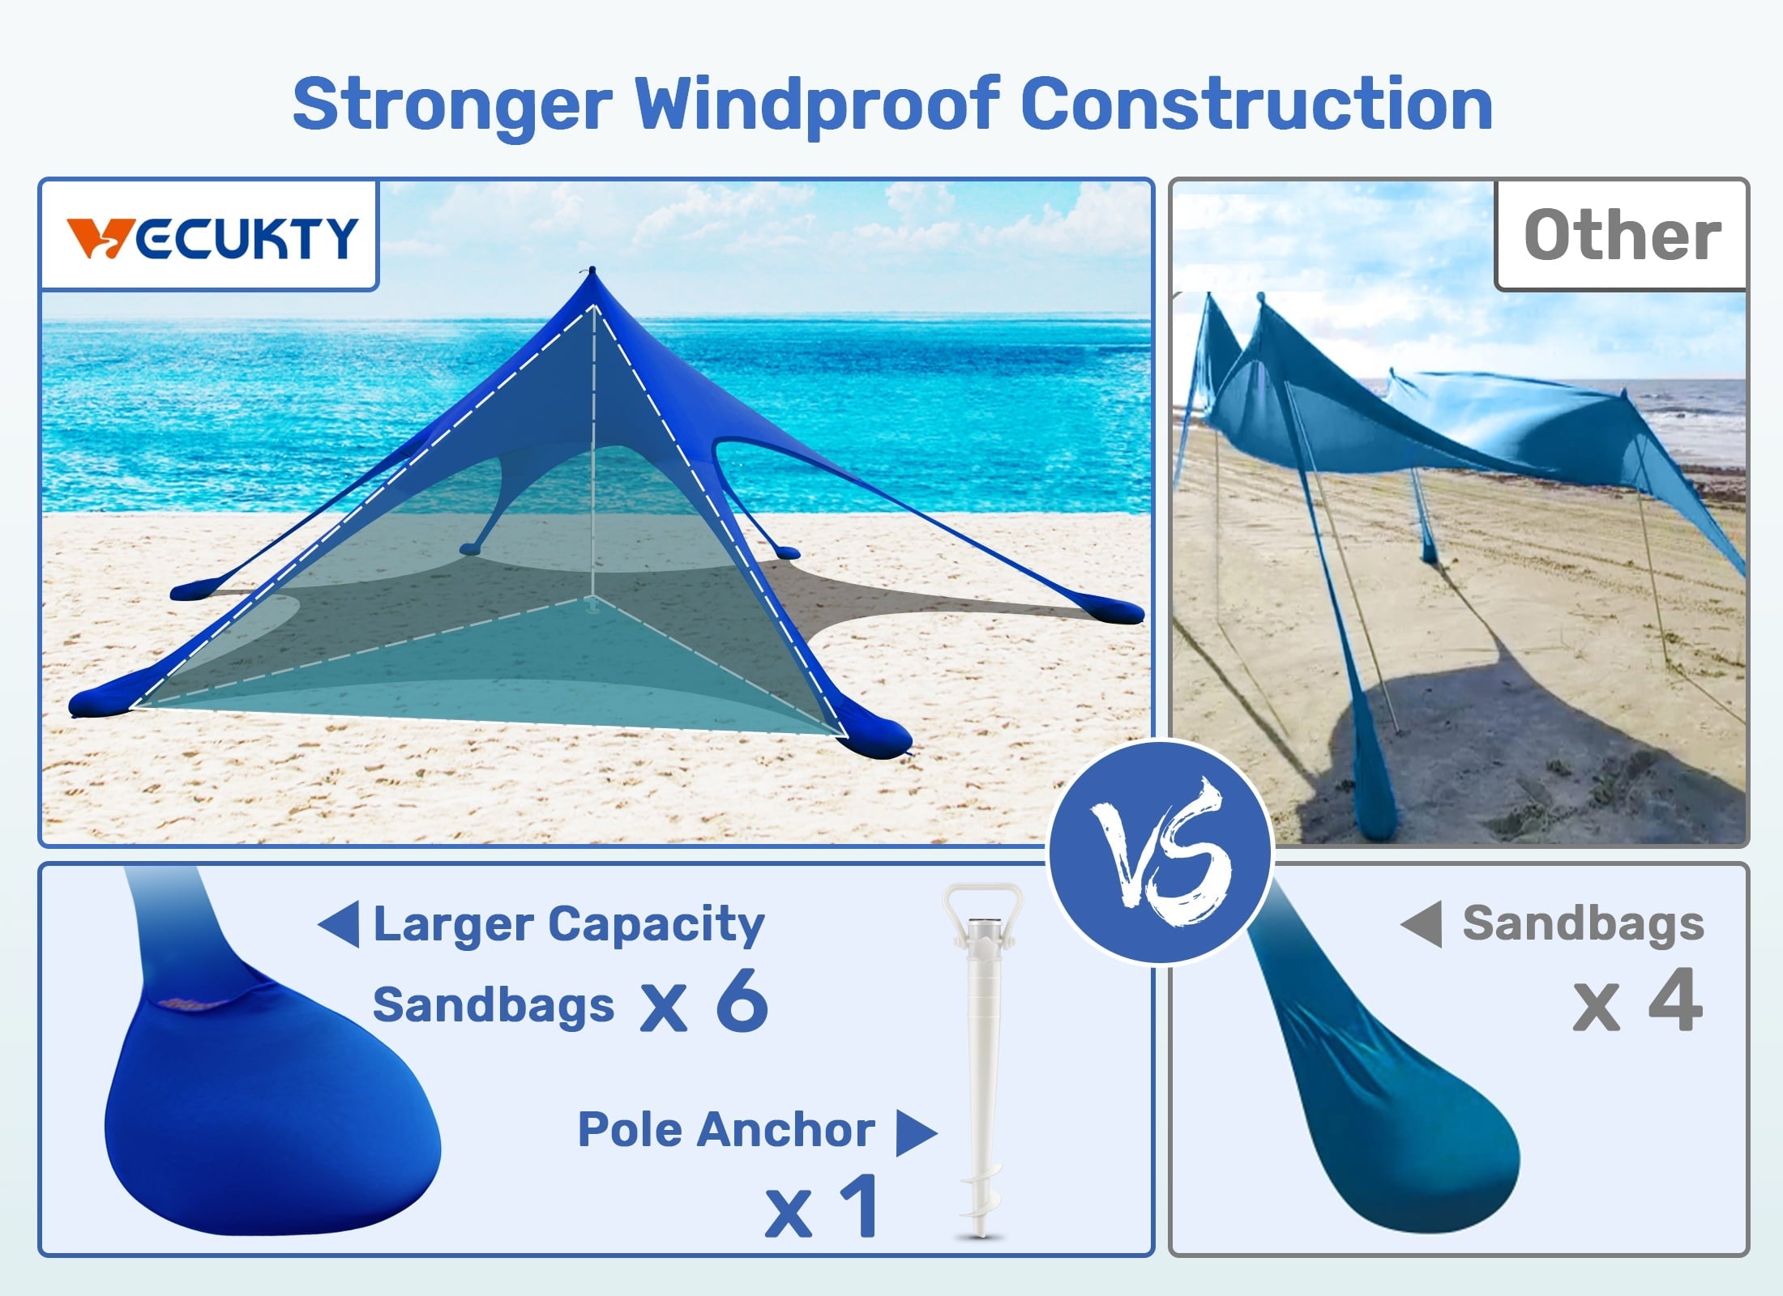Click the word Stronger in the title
click(452, 105)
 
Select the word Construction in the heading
click(1256, 105)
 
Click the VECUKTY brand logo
click(211, 237)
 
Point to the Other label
click(1623, 236)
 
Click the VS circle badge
click(1161, 852)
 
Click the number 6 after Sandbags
click(742, 1003)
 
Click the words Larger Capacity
click(569, 924)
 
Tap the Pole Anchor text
click(726, 1130)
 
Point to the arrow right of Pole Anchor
click(916, 1132)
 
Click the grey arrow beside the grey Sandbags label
click(1422, 924)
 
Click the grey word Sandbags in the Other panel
click(1583, 924)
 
